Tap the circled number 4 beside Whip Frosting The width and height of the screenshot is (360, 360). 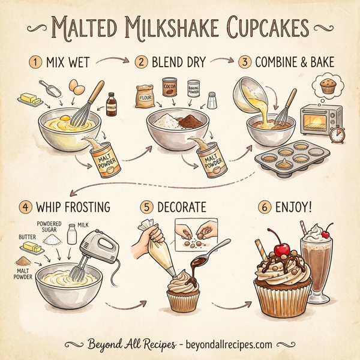25,207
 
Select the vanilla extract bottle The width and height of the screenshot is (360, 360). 111,104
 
